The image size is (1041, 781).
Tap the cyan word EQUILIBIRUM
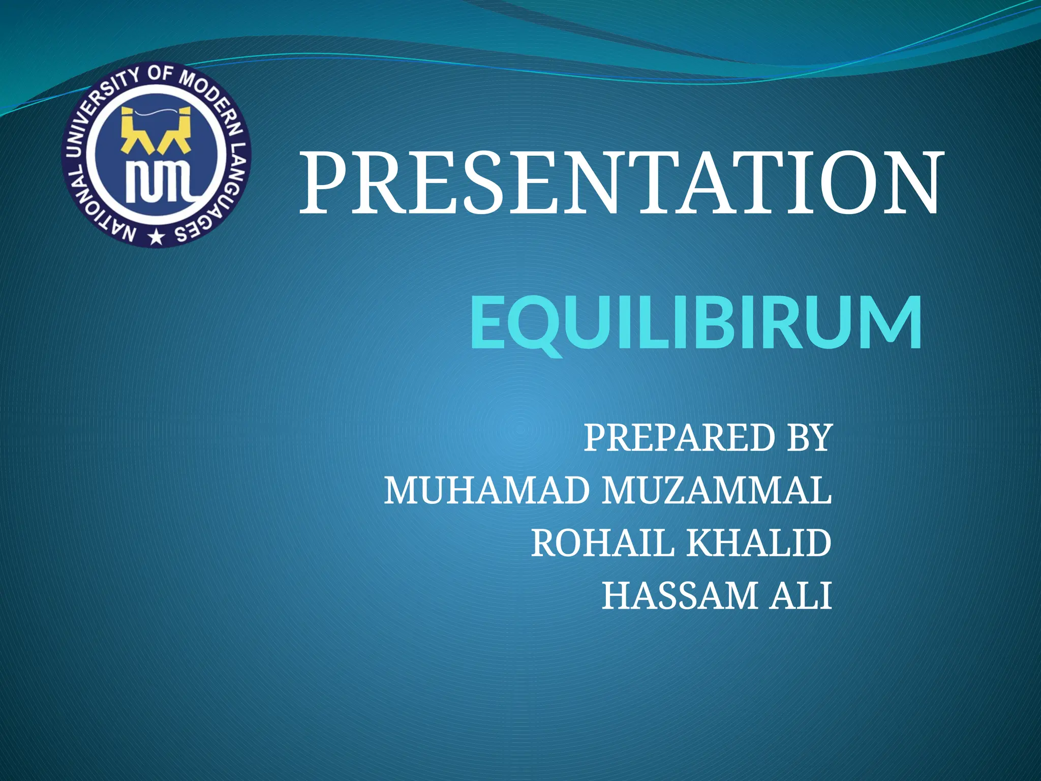pos(695,324)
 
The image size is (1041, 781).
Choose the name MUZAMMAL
pos(717,491)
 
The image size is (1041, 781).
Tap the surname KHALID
pos(759,544)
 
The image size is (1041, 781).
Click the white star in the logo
pos(156,237)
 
